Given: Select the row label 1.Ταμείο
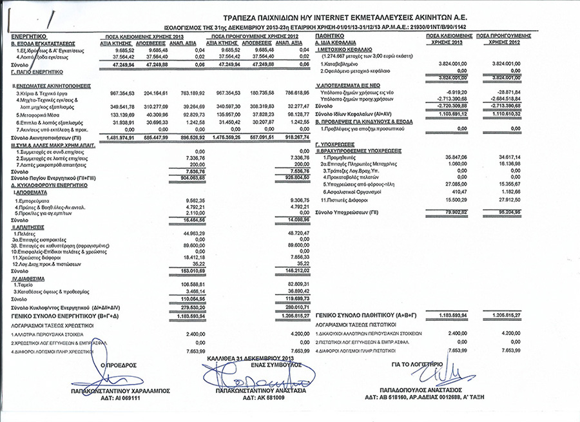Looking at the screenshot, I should [x=25, y=283].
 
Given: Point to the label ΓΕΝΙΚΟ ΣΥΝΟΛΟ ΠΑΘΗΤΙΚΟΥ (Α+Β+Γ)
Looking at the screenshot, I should [x=365, y=315].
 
